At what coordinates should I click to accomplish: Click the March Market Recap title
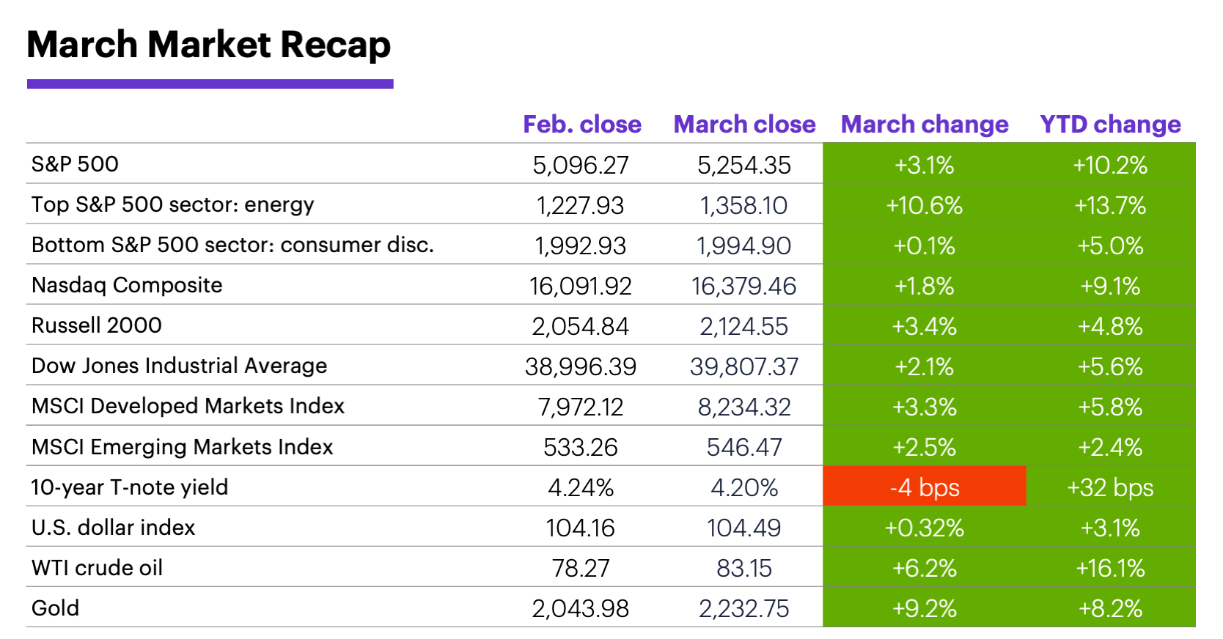[209, 45]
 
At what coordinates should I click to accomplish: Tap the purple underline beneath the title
[210, 84]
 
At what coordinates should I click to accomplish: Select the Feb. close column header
[582, 125]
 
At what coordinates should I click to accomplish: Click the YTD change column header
[1110, 125]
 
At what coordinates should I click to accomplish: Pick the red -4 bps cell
[924, 487]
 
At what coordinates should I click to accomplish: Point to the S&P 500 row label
[75, 164]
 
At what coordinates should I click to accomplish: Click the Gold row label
[55, 608]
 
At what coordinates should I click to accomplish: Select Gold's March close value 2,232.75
[743, 608]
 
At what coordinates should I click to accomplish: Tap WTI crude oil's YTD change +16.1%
[1110, 568]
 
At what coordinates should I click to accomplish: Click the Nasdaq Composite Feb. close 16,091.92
[581, 286]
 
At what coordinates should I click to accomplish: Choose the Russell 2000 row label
[97, 325]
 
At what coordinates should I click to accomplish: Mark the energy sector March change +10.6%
[924, 205]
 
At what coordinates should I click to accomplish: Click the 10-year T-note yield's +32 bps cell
[1110, 487]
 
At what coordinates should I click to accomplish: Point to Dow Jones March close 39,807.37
[743, 366]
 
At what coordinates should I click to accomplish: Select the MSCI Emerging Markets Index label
[182, 447]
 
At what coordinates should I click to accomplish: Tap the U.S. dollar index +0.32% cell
[924, 528]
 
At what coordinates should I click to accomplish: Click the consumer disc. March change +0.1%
[924, 245]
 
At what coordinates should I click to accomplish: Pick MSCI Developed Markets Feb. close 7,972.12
[581, 407]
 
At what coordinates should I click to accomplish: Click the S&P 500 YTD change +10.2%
[1110, 165]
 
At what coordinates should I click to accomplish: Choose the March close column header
[744, 125]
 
